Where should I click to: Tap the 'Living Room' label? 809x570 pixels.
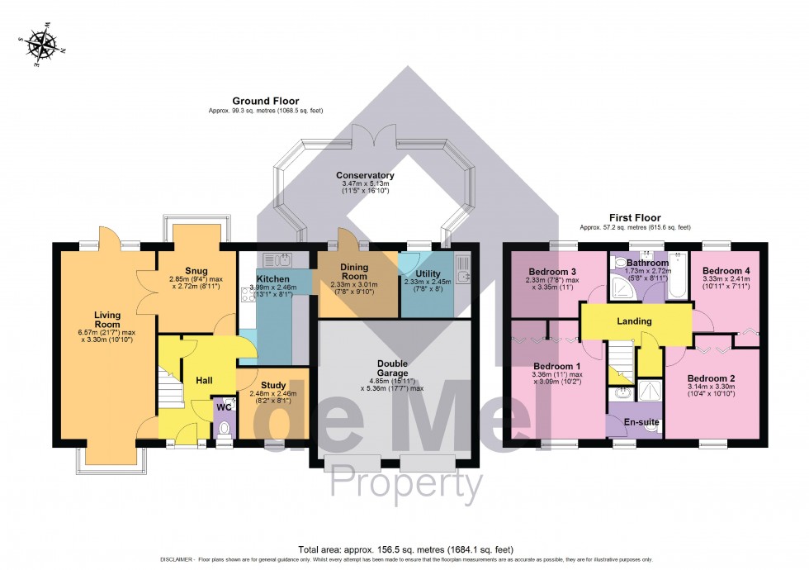(108, 319)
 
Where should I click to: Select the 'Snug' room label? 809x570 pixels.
(196, 270)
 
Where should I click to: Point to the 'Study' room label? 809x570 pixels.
(273, 385)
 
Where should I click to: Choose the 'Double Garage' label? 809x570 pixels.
(393, 368)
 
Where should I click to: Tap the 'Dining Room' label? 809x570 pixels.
(359, 272)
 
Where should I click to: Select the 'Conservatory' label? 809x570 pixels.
(364, 175)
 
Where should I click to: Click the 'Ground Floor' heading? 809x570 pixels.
(265, 101)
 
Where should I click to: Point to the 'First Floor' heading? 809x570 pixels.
(635, 217)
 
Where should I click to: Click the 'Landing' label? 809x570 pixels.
(634, 321)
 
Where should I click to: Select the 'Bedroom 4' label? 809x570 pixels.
(726, 270)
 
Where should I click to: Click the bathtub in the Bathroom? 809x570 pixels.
(677, 276)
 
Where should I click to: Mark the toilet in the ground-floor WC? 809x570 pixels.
(223, 430)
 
